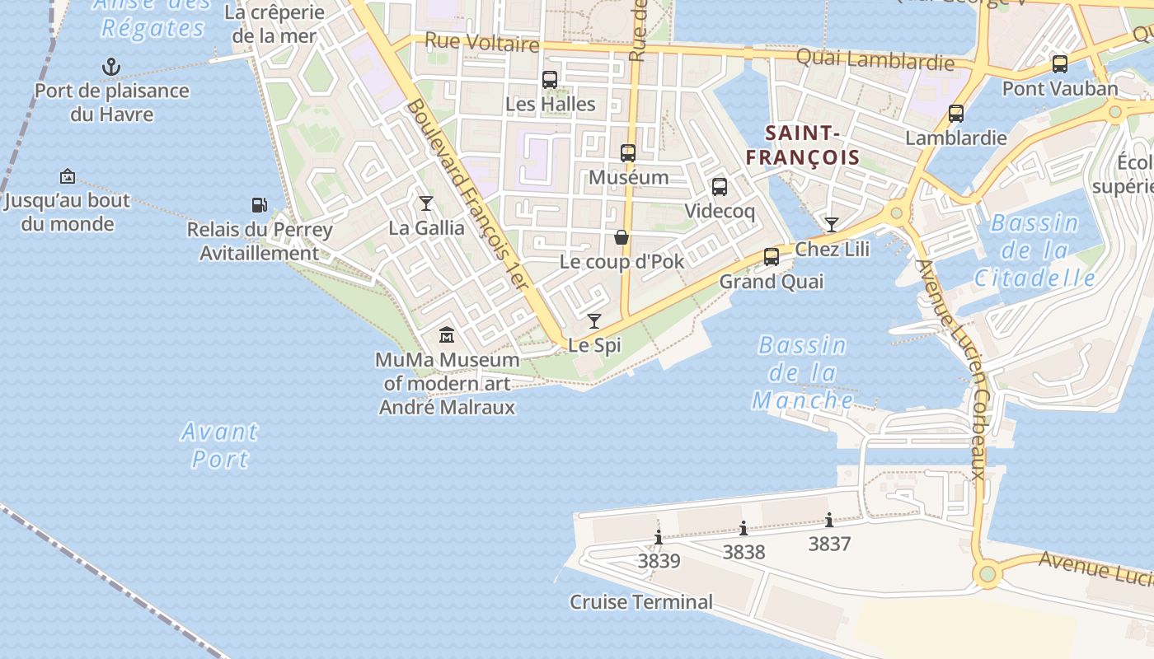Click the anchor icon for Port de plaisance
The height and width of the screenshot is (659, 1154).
coord(110,67)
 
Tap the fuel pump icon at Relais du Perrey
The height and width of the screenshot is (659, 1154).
coord(259,205)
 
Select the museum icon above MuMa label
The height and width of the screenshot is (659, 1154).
coord(447,334)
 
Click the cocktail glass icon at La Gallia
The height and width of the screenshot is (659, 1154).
coord(426,203)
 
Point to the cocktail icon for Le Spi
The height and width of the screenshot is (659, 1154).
coord(594,320)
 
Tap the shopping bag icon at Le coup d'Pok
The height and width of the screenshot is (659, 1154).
coord(622,237)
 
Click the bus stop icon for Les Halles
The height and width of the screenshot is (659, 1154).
coord(550,80)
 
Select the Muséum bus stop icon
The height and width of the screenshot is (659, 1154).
coord(628,152)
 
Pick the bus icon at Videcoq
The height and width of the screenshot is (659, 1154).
coord(720,187)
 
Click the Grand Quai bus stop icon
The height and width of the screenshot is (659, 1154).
coord(772,256)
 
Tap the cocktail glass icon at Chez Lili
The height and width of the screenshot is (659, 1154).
coord(832,224)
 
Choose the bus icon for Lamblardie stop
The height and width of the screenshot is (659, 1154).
coord(956,114)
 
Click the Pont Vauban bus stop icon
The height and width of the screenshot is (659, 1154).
coord(1060,63)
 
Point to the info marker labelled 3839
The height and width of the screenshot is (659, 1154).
coord(659,538)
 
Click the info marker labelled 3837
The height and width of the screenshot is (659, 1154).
coord(829,520)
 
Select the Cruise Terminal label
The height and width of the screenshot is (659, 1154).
coord(641,602)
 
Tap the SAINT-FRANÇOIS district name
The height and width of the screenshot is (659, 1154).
coord(802,145)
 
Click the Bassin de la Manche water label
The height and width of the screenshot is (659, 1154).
coord(802,373)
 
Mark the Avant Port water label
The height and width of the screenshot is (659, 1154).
coord(219,445)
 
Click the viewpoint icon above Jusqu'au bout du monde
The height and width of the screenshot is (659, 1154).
coord(68,176)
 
